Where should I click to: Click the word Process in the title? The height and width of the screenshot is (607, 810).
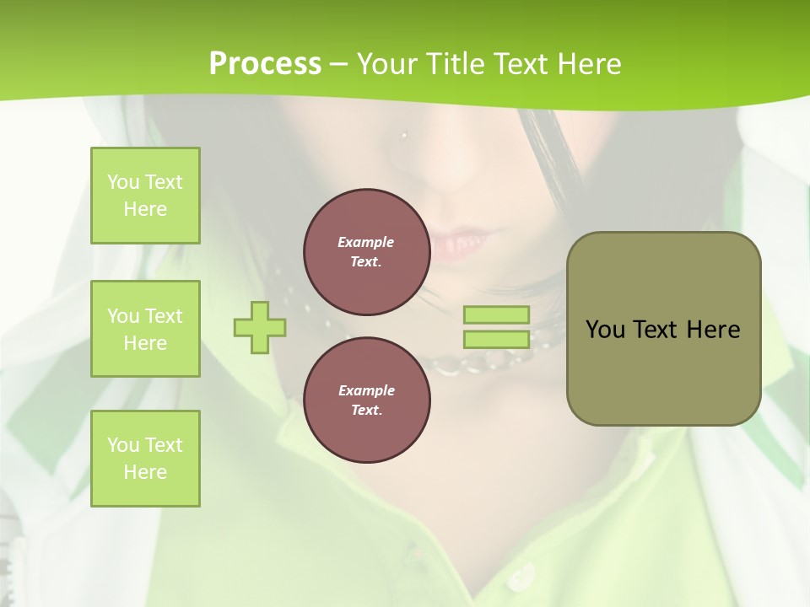pos(265,63)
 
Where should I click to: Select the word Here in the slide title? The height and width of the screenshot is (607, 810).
pos(590,64)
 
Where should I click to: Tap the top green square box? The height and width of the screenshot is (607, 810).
pos(145,196)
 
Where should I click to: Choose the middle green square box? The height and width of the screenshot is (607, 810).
pos(145,329)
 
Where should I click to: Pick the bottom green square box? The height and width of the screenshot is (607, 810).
pos(145,459)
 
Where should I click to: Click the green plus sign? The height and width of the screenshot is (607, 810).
pos(260,327)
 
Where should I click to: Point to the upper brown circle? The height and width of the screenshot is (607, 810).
pos(366,252)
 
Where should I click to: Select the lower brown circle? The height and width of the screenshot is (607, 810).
pos(366,400)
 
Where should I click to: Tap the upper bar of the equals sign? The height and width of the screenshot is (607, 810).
pos(496,315)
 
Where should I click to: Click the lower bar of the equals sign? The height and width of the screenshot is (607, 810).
pos(496,340)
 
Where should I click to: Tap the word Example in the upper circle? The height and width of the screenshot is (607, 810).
pos(366,242)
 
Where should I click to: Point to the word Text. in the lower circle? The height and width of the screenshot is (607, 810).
pos(366,411)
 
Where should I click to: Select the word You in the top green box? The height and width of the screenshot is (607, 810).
pos(123,182)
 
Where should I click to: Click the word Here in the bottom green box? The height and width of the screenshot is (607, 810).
pos(145,472)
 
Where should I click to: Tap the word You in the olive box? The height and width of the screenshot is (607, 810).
pos(605,330)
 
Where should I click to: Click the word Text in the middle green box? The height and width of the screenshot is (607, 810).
pos(164,316)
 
